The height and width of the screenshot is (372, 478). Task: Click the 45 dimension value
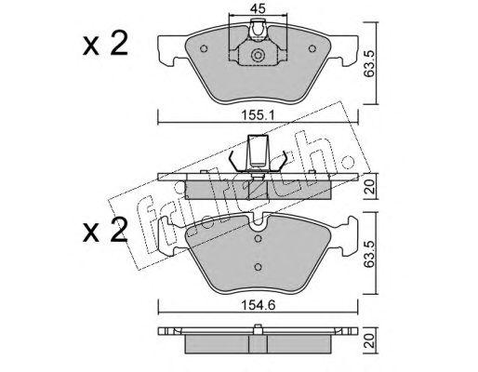coord(258,8)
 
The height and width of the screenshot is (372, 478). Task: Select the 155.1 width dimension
coord(259,115)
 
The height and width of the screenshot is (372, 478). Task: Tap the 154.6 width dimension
coord(259,305)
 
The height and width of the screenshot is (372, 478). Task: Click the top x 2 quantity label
coord(105,45)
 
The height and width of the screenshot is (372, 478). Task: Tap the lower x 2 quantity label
coord(105,230)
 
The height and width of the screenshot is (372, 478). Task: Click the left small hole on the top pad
coord(204,48)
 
